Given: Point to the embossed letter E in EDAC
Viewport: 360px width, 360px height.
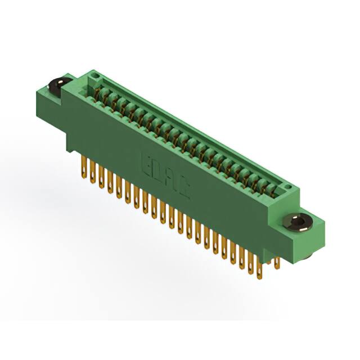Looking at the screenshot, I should click(x=143, y=158).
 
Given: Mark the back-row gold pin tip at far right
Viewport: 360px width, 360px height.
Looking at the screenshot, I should click(x=277, y=260).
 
